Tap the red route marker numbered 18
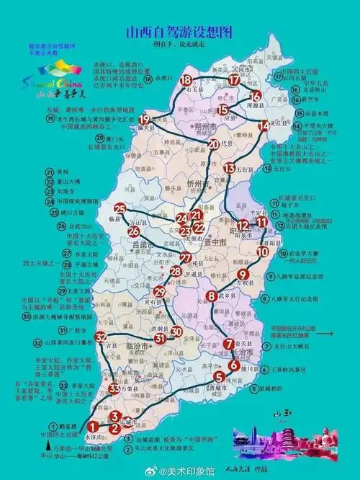point(187,80)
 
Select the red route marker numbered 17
point(235,81)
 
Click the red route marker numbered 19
point(145,120)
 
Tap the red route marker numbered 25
point(120,210)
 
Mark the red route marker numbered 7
point(229,344)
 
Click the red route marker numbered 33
point(114,389)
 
